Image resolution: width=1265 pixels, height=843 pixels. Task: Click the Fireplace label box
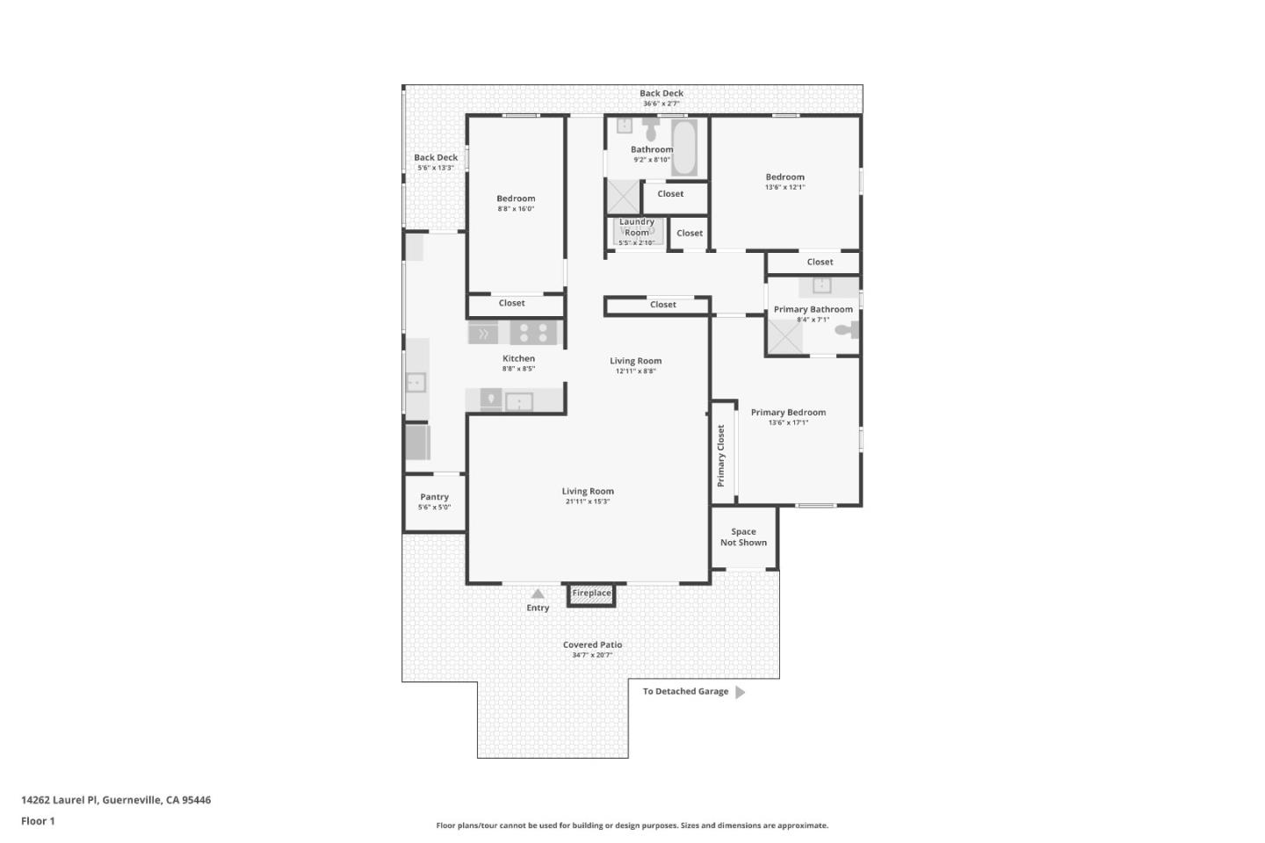(591, 595)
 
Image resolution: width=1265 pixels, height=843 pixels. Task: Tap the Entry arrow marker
(538, 594)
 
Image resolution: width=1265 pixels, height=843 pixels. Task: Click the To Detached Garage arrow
(740, 692)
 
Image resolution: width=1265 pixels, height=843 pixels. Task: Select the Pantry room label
(434, 497)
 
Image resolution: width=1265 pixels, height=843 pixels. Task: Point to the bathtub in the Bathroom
(683, 147)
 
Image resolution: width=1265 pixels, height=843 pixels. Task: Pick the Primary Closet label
(720, 456)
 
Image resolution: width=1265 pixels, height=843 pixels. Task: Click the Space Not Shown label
(743, 537)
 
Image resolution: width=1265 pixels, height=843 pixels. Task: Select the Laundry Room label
(636, 227)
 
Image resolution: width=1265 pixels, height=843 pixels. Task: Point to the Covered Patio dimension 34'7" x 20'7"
(592, 655)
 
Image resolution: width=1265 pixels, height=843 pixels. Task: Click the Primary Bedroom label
(788, 412)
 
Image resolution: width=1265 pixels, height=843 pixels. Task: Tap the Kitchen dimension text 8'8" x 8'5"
(518, 369)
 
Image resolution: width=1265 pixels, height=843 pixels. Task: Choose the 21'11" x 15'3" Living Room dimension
(588, 501)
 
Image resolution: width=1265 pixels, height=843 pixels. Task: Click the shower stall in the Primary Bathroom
(784, 337)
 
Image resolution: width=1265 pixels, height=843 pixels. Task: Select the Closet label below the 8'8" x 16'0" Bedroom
(511, 303)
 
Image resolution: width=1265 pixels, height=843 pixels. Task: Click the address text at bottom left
(116, 800)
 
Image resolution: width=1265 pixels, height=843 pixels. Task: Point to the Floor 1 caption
(38, 821)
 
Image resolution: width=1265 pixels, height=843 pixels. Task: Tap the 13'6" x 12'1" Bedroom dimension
(785, 187)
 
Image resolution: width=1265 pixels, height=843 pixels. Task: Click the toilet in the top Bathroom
(651, 129)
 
